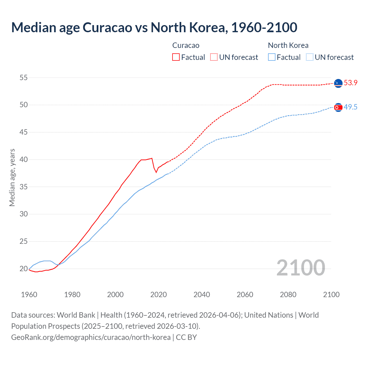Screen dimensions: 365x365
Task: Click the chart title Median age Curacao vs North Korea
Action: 154,27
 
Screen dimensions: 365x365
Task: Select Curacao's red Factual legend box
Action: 176,57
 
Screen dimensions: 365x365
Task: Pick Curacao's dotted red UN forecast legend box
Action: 214,57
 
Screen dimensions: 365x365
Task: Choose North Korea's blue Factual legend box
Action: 272,57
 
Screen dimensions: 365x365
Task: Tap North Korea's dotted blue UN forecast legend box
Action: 310,57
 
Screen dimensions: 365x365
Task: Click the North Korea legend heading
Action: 288,45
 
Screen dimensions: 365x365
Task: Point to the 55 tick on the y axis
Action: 24,78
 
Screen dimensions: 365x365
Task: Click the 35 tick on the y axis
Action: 24,187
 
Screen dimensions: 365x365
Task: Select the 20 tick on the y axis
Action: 24,269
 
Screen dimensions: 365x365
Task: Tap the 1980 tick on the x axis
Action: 72,295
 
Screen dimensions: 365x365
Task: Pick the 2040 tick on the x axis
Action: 202,295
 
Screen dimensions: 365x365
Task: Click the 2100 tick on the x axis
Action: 331,295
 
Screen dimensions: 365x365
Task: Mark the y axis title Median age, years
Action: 12,177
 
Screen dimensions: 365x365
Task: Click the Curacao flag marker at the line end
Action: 338,83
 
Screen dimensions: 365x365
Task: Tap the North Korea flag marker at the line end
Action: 338,107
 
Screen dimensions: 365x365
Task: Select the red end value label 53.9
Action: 350,83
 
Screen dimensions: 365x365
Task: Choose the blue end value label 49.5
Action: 350,107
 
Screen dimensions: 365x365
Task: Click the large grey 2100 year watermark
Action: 301,267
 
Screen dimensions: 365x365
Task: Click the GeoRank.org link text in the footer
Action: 91,337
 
